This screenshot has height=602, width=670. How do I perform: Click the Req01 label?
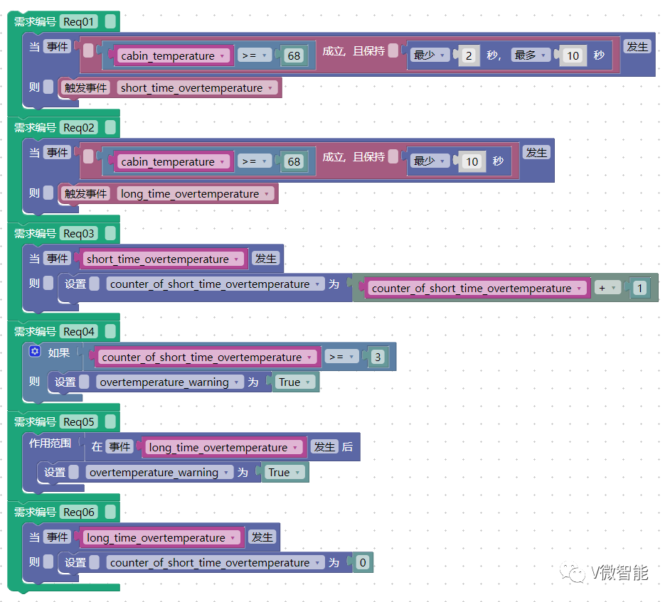[79, 21]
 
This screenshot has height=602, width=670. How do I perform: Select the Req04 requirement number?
[79, 331]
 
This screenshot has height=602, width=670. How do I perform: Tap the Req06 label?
[79, 512]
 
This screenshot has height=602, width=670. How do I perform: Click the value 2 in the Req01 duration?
[469, 55]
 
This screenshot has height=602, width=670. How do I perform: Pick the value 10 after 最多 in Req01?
[573, 55]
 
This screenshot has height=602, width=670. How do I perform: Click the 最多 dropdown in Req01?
[531, 55]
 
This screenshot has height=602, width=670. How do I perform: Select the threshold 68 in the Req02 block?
[294, 161]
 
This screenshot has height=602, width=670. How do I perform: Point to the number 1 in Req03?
[639, 288]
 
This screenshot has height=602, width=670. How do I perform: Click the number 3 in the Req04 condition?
[378, 357]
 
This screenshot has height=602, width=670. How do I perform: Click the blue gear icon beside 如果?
[35, 351]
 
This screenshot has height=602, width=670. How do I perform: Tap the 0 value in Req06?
[362, 562]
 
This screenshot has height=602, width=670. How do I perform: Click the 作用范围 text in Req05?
[50, 443]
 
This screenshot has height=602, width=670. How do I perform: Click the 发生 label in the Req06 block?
[262, 537]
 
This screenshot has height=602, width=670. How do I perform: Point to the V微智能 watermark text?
[619, 573]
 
